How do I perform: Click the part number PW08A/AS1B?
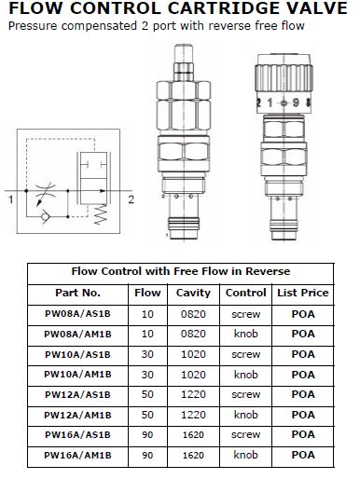point(77,314)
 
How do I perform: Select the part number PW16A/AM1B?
point(77,456)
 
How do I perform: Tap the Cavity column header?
point(193,293)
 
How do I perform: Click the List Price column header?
point(303,293)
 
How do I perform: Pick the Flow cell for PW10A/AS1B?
point(147,354)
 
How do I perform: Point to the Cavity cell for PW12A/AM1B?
point(193,415)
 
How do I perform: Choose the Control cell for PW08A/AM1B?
point(246,334)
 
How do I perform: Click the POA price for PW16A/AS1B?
point(303,435)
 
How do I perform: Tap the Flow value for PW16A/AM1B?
point(147,456)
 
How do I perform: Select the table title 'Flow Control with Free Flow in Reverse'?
point(181,271)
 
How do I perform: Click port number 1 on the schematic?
point(11,199)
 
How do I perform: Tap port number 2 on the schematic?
point(132,199)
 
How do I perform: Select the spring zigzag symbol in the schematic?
point(101,214)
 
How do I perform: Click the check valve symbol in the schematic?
point(46,216)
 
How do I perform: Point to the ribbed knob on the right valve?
point(284,78)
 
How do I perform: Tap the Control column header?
point(246,293)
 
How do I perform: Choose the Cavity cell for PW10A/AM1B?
point(193,375)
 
